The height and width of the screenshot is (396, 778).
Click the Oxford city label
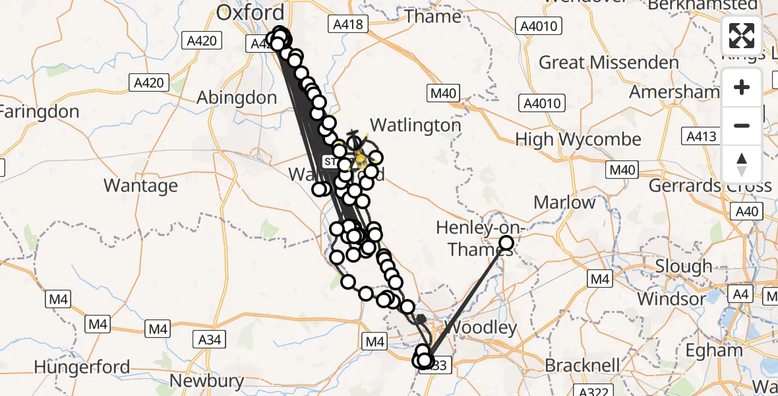click(x=251, y=13)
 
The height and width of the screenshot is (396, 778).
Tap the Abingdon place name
click(x=237, y=98)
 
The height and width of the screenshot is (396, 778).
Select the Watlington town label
click(x=415, y=125)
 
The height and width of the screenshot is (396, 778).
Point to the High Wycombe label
click(x=578, y=139)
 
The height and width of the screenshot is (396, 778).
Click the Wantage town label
click(x=140, y=185)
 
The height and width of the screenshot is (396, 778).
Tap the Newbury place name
click(x=206, y=381)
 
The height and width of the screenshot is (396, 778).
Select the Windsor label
click(x=672, y=298)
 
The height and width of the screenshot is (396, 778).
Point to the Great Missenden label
click(x=609, y=63)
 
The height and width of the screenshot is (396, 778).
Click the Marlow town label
click(x=564, y=202)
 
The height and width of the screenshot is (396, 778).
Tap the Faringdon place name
click(x=40, y=112)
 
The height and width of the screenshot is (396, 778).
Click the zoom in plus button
click(x=742, y=87)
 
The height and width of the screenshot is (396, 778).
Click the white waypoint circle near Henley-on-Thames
click(x=506, y=243)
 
